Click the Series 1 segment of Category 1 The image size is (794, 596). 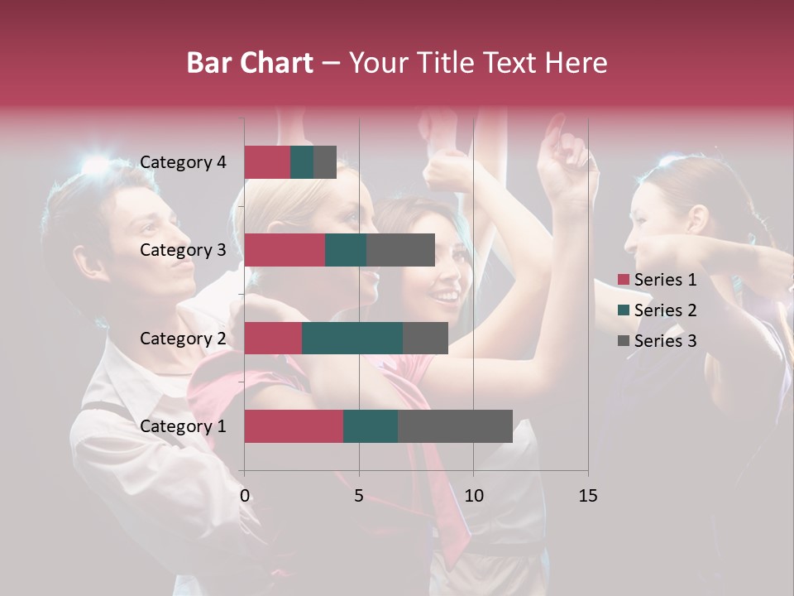coord(294,426)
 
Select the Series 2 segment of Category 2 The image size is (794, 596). coord(352,338)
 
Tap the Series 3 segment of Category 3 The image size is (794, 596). coord(400,250)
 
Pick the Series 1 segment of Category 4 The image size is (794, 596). coord(267,162)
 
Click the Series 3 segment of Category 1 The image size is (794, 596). coord(455,426)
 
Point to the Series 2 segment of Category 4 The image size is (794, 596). coord(302,162)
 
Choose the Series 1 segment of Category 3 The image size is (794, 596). coord(285,250)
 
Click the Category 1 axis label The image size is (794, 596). coord(183,426)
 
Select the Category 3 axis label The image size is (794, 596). coord(183,250)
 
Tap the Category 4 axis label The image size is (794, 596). coord(183,162)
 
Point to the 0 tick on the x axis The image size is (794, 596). coord(245,496)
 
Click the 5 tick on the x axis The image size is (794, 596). coord(359,496)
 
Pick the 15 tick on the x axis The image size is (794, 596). coord(588,496)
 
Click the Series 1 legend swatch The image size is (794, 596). coord(624,280)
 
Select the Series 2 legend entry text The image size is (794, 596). coord(666,310)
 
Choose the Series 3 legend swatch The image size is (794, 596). coord(624,341)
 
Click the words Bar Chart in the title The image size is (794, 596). coord(250,63)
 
